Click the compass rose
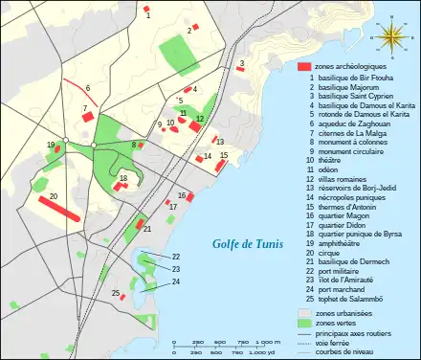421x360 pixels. coord(391,35)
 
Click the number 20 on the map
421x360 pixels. coord(54,195)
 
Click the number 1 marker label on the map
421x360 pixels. coord(148,15)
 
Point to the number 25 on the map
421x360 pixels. coord(115,293)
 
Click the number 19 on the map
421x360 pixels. coord(50,145)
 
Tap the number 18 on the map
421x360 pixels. coord(123,178)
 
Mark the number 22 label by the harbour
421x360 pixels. coord(176,257)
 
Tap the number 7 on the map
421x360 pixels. coord(85,108)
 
